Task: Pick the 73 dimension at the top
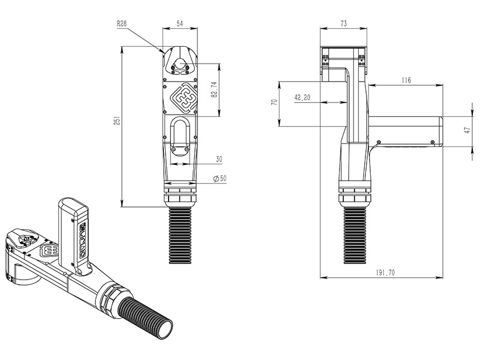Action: (344, 23)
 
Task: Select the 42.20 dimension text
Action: (303, 98)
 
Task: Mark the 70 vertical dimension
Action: (274, 103)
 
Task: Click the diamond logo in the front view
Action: (182, 97)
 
